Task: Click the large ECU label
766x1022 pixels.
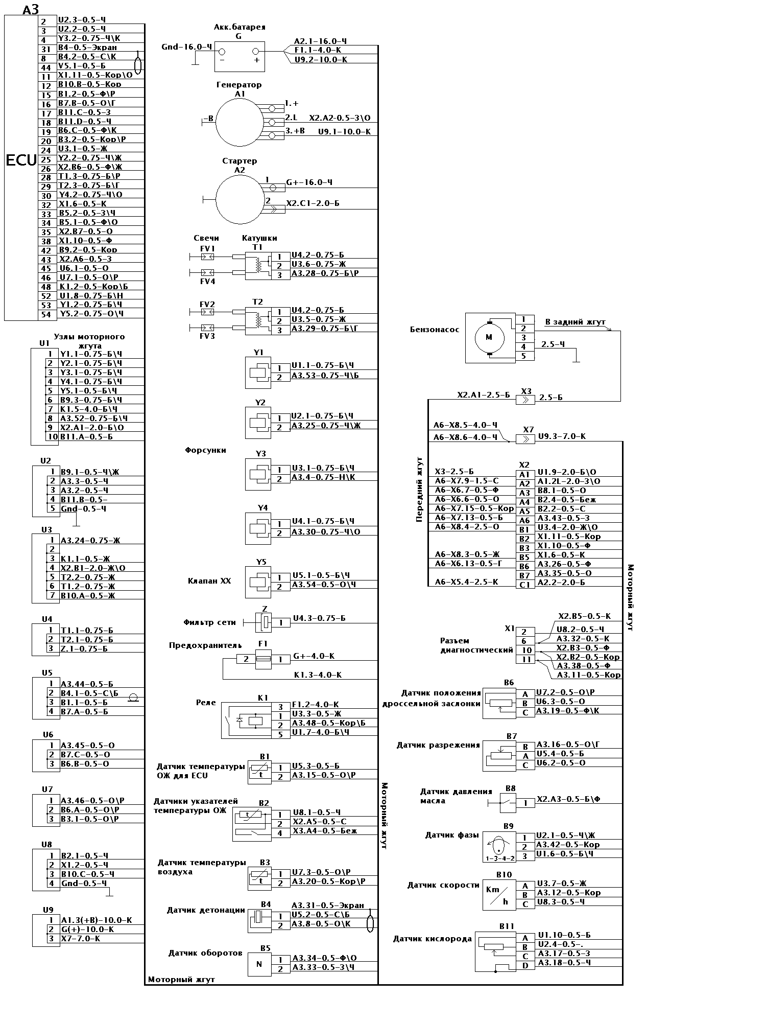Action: point(21,160)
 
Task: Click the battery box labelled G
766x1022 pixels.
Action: point(239,56)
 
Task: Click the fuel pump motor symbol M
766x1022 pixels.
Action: point(489,337)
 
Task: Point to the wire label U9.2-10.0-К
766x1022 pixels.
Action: point(321,60)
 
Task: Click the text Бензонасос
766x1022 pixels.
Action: point(435,330)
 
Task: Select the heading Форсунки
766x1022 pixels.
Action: point(205,450)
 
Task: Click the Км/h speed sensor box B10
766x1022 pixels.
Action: point(499,895)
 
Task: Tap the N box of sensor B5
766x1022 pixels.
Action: point(259,964)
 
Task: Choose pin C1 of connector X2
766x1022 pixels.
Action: point(524,585)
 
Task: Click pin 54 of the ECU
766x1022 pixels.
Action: point(46,314)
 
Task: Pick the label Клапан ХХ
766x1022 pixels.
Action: point(209,581)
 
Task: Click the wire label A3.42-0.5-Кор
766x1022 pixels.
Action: point(568,845)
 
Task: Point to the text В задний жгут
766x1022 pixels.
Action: point(575,322)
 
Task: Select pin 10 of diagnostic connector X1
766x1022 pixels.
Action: point(526,651)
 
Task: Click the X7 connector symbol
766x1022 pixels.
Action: point(525,439)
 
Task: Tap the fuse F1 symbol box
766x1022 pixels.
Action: point(262,659)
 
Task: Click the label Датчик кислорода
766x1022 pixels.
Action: point(432,939)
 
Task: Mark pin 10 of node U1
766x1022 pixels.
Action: point(52,437)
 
